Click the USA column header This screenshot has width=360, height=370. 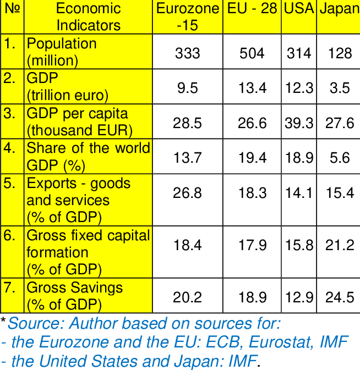(x=299, y=9)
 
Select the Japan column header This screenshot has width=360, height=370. (x=339, y=9)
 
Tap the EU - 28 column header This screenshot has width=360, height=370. (x=252, y=9)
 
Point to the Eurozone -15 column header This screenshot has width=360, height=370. (x=188, y=17)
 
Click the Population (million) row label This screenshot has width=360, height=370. (x=61, y=52)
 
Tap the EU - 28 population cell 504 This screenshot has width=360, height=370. (x=252, y=53)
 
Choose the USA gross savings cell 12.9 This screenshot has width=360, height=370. (x=299, y=297)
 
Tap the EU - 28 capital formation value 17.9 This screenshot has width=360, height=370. (x=252, y=245)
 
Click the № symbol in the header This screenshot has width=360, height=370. (x=11, y=9)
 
